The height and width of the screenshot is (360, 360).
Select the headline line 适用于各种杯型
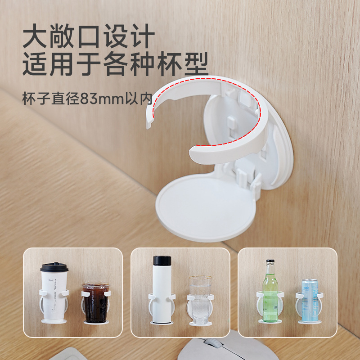(115, 66)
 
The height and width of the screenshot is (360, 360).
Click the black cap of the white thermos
(162, 261)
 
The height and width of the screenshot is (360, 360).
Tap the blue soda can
(310, 299)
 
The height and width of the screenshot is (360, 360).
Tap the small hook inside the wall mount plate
(231, 121)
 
